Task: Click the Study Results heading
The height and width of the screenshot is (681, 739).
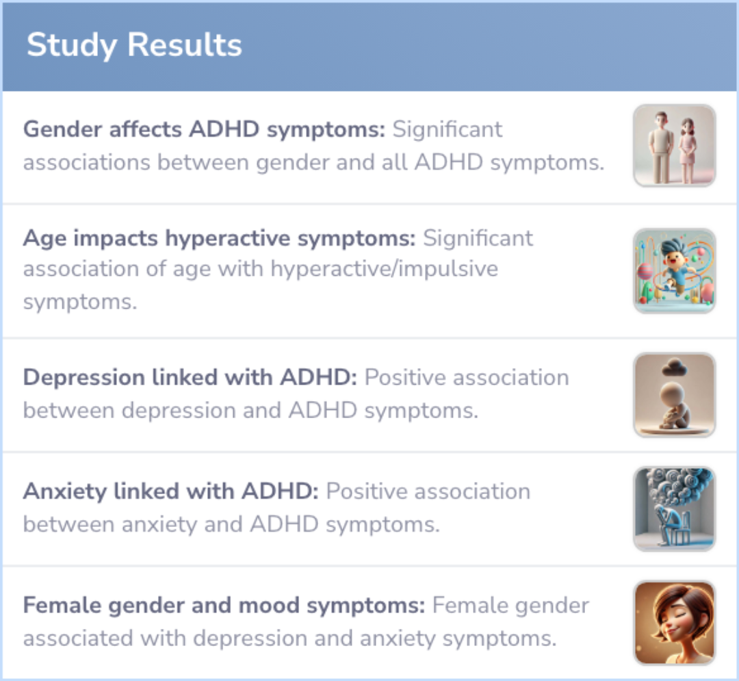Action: point(134,45)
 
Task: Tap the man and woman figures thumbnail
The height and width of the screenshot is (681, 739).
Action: point(675,146)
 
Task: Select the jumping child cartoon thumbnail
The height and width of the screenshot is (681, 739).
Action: point(675,270)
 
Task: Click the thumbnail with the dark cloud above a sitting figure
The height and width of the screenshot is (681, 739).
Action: point(675,394)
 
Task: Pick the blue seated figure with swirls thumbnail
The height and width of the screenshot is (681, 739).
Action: point(675,509)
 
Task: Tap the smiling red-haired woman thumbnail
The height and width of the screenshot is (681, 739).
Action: point(675,623)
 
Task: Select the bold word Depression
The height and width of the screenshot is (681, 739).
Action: point(84,378)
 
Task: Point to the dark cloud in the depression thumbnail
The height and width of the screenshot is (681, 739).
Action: point(675,367)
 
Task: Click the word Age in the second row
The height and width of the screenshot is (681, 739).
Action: point(44,238)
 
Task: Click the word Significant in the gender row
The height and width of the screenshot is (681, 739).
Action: point(448,129)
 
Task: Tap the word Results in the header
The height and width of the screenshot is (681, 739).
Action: point(185,44)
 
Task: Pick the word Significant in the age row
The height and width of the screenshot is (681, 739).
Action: point(478,238)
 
